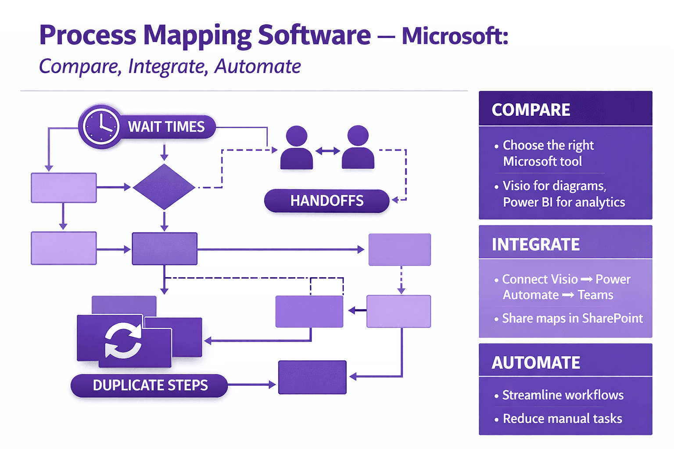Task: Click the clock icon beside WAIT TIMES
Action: pos(101,127)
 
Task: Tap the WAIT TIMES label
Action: pos(166,127)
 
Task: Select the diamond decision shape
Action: pos(164,187)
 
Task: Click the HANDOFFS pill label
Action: pos(326,201)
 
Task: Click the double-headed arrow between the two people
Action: pos(328,151)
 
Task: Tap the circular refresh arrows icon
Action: pos(123,341)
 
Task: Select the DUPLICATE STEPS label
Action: pos(150,385)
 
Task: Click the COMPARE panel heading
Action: pos(531,110)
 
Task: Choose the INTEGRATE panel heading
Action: pos(535,245)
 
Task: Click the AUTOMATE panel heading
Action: pos(536,363)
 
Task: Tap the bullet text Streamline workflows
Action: pos(563,395)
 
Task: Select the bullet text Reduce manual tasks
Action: pos(562,419)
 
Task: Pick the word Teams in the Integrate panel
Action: pos(595,295)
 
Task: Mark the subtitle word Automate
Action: pos(258,67)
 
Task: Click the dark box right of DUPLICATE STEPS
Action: pos(312,377)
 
